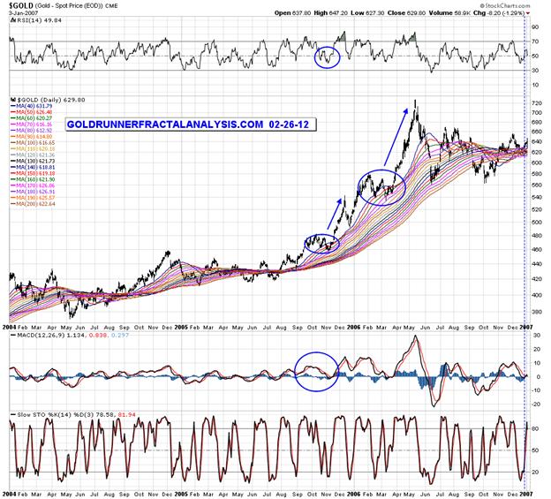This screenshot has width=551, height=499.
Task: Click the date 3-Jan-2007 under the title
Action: pyautogui.click(x=22, y=16)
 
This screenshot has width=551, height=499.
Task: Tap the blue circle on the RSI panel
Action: pyautogui.click(x=327, y=57)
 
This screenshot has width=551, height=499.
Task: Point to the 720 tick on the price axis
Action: pyautogui.click(x=533, y=104)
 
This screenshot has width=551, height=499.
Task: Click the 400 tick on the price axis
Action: pyautogui.click(x=533, y=294)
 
